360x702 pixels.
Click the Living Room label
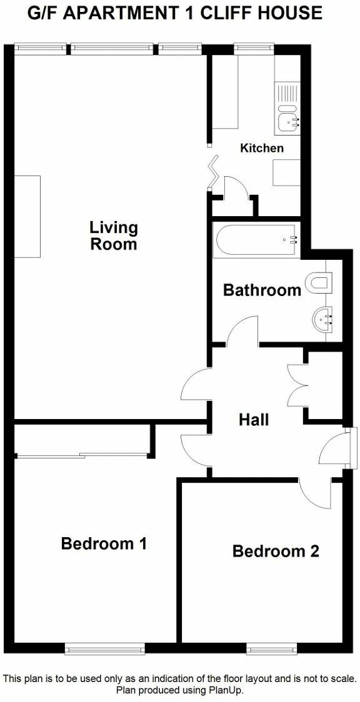point(113,235)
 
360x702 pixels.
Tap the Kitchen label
point(262,148)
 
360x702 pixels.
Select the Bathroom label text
point(262,290)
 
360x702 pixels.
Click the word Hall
point(254,419)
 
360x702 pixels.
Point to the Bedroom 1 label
point(104,543)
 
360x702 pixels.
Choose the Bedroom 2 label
point(276,551)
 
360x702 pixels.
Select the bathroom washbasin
point(323,321)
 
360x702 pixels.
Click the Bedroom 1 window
point(105,650)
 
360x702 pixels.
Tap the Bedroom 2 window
point(271,650)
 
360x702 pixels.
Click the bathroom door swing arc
point(242,330)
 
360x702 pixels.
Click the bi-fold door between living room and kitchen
point(214,170)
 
